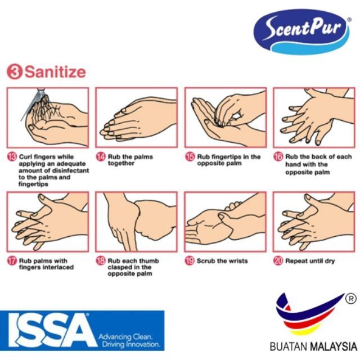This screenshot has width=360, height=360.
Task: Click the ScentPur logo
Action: pyautogui.click(x=301, y=31)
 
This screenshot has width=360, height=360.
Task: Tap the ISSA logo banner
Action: pyautogui.click(x=82, y=330)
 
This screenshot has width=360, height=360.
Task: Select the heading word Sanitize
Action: pyautogui.click(x=55, y=72)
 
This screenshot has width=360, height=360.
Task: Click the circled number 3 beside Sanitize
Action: pyautogui.click(x=15, y=72)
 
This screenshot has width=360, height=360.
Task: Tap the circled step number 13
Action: pyautogui.click(x=12, y=157)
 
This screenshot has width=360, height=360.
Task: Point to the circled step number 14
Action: pyautogui.click(x=101, y=157)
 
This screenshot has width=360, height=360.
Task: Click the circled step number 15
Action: pyautogui.click(x=190, y=157)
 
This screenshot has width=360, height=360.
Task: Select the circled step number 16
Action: pyautogui.click(x=278, y=157)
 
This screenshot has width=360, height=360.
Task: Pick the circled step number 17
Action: pyautogui.click(x=12, y=261)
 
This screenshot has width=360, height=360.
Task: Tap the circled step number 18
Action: pyautogui.click(x=101, y=261)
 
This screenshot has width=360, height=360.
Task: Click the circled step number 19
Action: pyautogui.click(x=190, y=261)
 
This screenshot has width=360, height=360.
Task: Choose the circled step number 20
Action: pyautogui.click(x=278, y=261)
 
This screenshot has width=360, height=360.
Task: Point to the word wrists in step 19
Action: pyautogui.click(x=237, y=261)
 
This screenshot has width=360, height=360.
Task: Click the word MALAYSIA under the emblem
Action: pyautogui.click(x=334, y=346)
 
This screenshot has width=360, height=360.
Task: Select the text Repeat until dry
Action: pyautogui.click(x=310, y=261)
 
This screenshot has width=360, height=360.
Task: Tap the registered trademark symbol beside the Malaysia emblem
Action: pyautogui.click(x=351, y=299)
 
